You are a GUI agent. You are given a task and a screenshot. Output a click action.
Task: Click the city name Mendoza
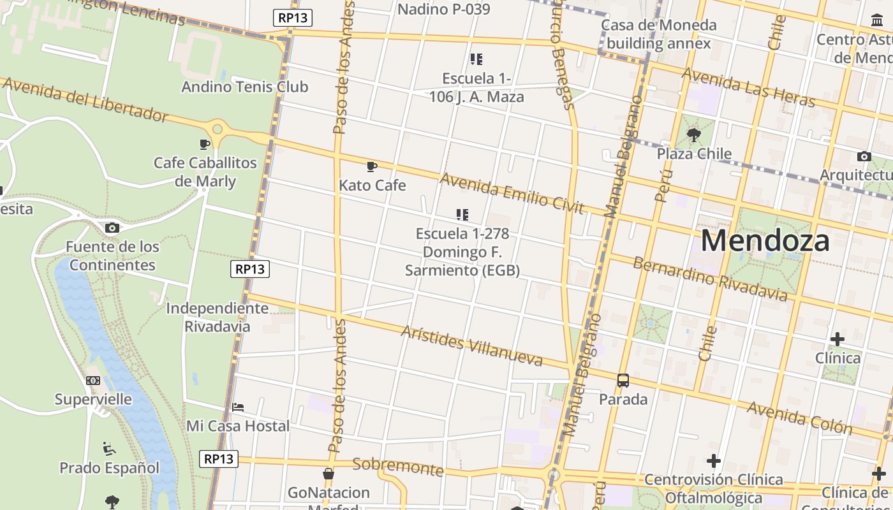point(765,241)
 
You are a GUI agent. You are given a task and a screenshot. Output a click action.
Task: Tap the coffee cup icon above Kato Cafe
point(372,167)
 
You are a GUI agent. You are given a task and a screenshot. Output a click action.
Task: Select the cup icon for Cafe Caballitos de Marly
point(205,144)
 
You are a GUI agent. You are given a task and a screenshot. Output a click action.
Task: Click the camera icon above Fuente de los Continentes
point(112,228)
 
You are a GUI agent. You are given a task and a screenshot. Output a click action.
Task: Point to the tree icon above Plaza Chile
point(694,135)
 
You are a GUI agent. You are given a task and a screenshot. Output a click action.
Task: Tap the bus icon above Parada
point(623,381)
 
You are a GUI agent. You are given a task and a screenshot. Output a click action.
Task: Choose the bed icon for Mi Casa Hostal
point(238,407)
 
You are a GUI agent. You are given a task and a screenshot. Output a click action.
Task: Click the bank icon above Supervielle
point(93,381)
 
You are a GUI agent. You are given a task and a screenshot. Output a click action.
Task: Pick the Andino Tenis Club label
point(245,87)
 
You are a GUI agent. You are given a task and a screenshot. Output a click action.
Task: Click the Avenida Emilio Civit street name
point(512,193)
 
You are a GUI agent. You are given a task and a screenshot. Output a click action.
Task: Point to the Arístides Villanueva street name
point(472,346)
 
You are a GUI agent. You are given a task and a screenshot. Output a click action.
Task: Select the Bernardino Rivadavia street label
point(710,279)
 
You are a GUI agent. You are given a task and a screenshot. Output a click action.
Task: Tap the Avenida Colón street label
point(799,418)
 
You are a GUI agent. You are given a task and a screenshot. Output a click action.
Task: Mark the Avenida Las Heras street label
point(748,87)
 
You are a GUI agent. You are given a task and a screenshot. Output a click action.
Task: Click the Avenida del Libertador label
point(85,99)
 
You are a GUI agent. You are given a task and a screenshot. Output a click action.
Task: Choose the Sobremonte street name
point(398,467)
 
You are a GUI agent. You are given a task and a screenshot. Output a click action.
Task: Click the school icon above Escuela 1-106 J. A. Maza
point(476,59)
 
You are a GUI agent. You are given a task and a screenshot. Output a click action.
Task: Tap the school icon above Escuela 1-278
point(462,215)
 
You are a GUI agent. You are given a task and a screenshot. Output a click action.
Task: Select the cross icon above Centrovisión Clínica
point(714,460)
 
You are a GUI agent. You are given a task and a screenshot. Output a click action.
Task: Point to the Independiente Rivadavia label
point(218,317)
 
